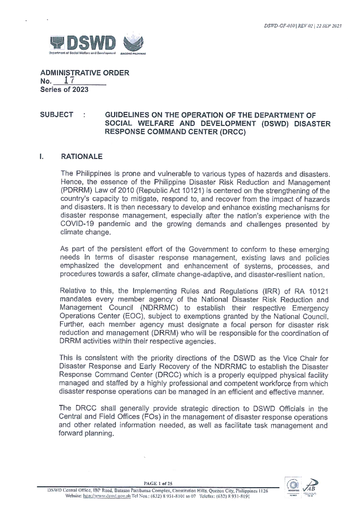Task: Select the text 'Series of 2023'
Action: click(64, 89)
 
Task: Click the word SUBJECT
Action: click(56, 115)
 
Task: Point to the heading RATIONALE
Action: click(82, 156)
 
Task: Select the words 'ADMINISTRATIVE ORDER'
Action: click(85, 73)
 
